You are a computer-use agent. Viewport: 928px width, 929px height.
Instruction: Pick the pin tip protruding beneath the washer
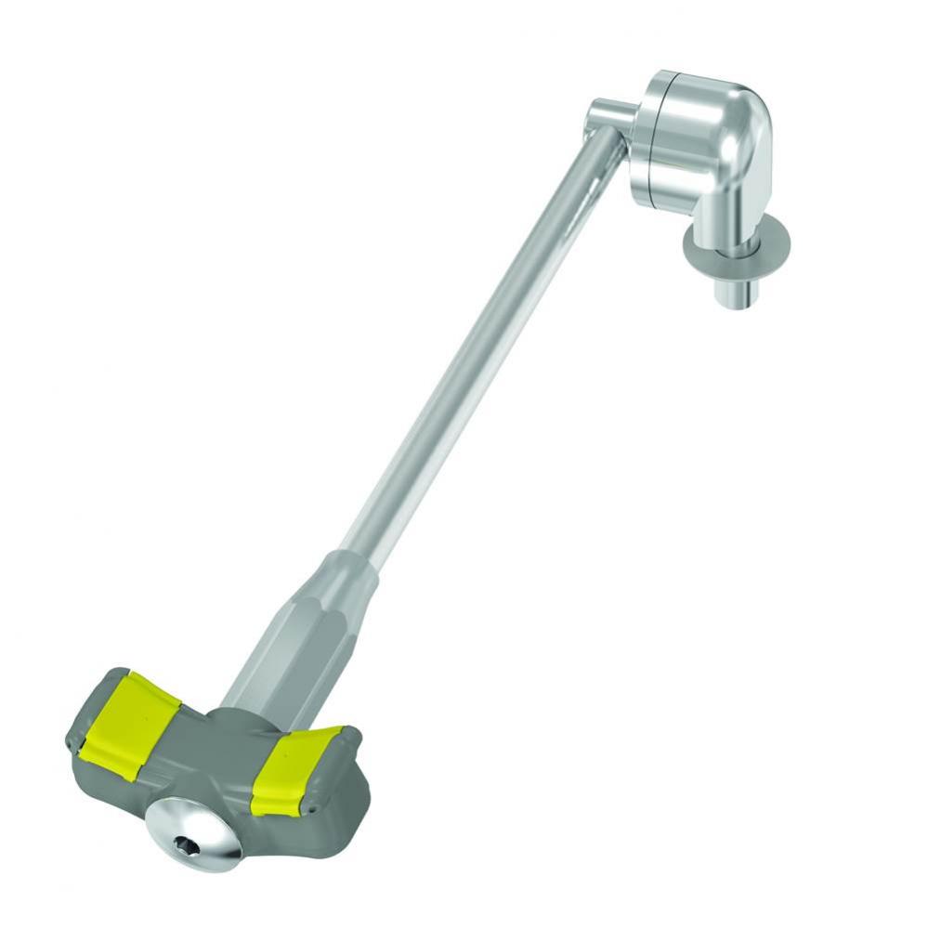tap(734, 292)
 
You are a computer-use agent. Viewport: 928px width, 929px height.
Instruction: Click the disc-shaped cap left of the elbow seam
tap(647, 139)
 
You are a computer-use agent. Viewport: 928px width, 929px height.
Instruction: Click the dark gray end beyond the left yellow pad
tap(82, 719)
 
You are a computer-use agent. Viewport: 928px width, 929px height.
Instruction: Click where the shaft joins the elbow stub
tap(598, 139)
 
